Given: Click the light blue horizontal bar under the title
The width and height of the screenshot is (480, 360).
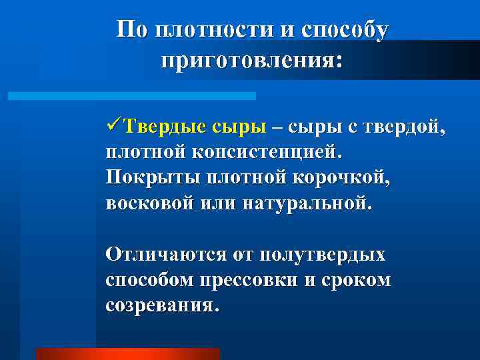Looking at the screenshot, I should coord(132,96).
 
